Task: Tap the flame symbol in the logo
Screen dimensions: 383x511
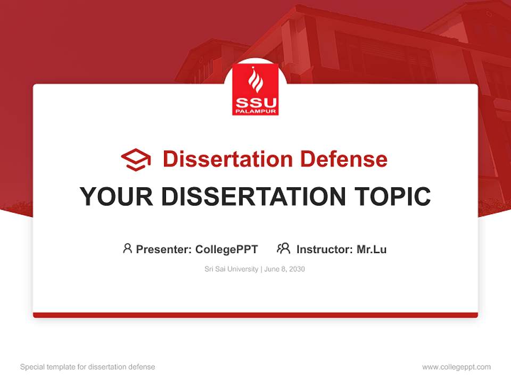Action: tap(256, 80)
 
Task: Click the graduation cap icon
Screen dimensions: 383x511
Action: tap(136, 160)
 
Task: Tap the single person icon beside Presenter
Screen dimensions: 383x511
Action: tap(127, 248)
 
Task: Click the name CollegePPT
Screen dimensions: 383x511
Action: tap(227, 249)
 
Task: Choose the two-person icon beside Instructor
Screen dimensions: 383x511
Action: tap(283, 248)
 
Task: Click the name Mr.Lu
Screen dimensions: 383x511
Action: tap(372, 249)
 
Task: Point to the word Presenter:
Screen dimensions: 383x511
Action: tap(164, 249)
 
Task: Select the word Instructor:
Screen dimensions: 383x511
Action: tap(325, 249)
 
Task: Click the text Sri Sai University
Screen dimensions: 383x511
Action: tap(231, 269)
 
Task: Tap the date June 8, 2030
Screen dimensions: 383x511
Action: tap(285, 269)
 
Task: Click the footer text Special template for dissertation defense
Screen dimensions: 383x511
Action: tap(88, 367)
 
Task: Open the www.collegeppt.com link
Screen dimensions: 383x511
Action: tap(456, 367)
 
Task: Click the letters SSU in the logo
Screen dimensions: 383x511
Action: tap(256, 102)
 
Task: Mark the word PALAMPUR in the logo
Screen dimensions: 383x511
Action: tap(256, 111)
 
